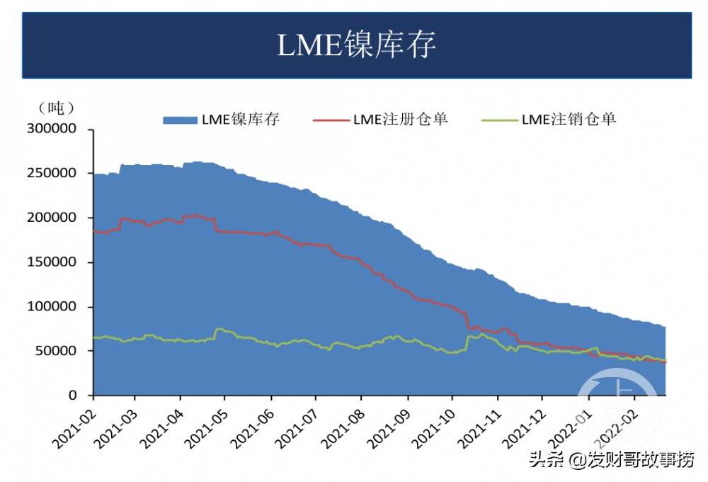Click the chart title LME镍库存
coord(356,45)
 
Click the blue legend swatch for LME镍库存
coord(181,120)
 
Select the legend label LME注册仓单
coord(400,119)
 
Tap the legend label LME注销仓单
coord(569,119)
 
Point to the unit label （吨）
coord(56,108)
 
